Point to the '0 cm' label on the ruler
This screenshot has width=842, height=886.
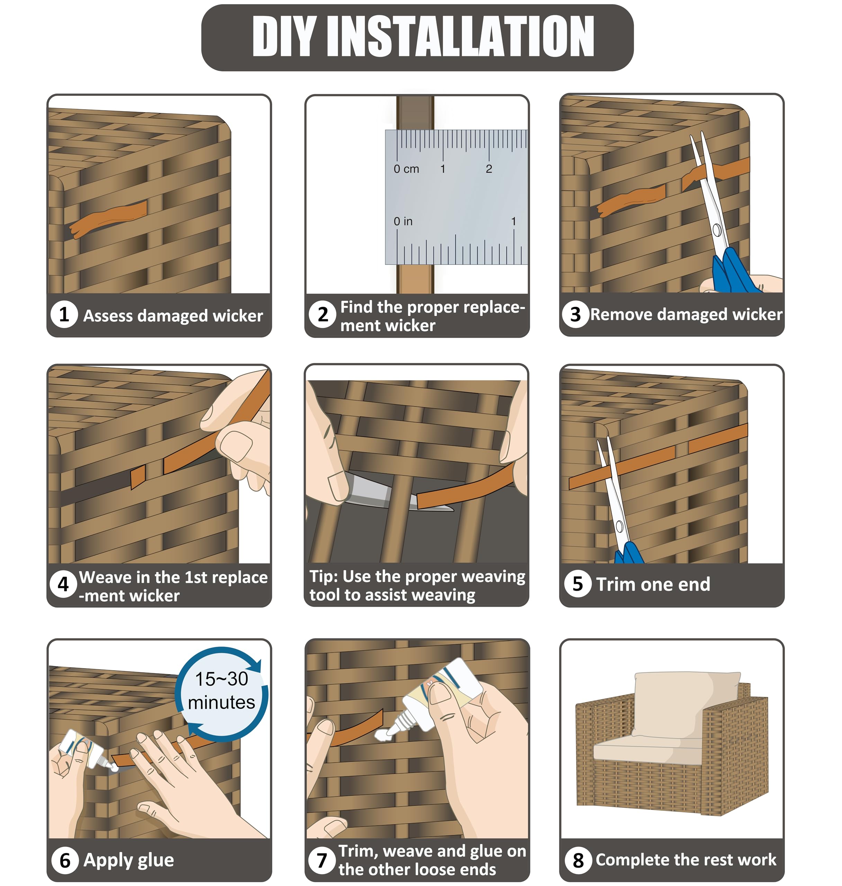(406, 169)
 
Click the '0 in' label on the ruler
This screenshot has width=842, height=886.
(403, 221)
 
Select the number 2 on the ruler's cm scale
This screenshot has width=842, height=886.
(489, 169)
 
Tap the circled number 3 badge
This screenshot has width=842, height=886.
(575, 315)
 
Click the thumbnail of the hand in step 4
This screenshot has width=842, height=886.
(236, 445)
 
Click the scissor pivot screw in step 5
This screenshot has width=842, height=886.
(619, 526)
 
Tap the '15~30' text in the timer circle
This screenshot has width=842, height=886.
(221, 679)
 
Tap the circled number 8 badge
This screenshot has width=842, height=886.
(579, 860)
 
